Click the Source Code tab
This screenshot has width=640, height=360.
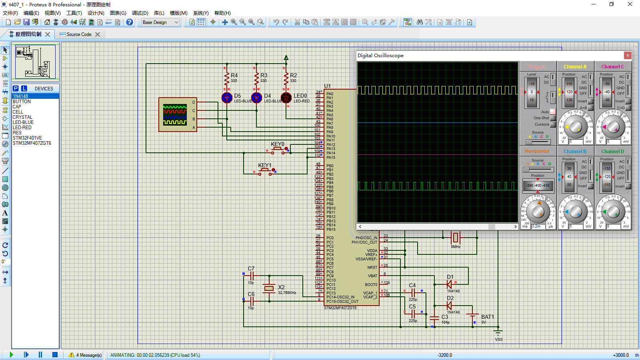79,34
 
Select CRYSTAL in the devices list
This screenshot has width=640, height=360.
22,117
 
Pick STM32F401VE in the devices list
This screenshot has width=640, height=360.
27,138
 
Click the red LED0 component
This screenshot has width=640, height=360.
286,98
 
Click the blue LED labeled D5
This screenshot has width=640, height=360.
227,98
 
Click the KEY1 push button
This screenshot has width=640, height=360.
264,171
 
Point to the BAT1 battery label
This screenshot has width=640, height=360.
488,317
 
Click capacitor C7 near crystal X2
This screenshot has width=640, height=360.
252,276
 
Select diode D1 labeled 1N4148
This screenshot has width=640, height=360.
449,284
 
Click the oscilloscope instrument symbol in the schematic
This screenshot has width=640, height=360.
177,114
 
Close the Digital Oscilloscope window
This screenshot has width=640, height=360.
628,56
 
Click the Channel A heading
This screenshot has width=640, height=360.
575,67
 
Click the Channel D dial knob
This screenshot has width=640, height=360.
613,212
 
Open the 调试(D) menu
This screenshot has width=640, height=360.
140,13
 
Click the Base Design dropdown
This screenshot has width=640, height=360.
160,22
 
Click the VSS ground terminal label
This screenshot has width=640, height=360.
498,339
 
